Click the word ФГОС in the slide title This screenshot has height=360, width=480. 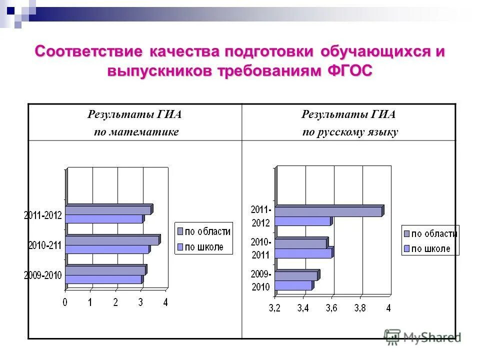click(x=350, y=71)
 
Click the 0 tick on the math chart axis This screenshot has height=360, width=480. click(x=65, y=302)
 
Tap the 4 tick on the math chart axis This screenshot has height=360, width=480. click(x=166, y=302)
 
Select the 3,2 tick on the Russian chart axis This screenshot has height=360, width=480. click(x=274, y=308)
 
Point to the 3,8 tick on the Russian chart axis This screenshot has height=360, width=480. click(x=360, y=308)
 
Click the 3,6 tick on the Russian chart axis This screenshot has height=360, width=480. click(x=331, y=308)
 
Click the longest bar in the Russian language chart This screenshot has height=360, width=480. click(x=329, y=211)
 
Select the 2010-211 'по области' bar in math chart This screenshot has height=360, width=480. click(x=112, y=240)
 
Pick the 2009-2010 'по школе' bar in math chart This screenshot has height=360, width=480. click(x=103, y=279)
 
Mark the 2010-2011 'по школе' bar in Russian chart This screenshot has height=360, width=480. click(x=303, y=253)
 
